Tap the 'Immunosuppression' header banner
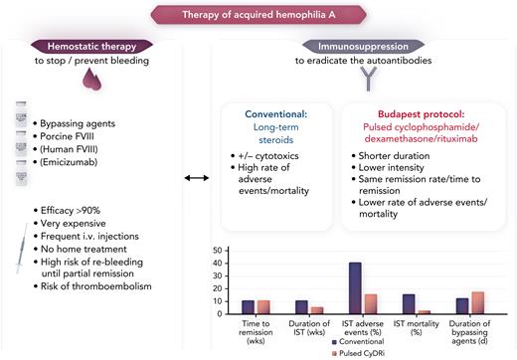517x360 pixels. [x=349, y=46]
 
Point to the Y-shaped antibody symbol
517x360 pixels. [x=349, y=84]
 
